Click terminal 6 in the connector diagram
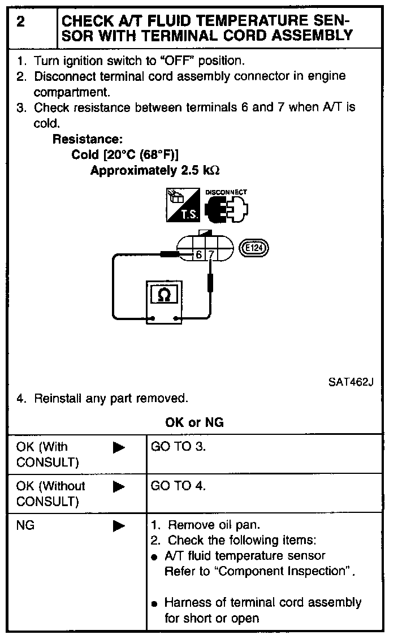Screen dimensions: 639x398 click(x=199, y=255)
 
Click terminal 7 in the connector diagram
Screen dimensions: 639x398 click(x=210, y=255)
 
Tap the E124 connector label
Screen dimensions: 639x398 click(x=256, y=248)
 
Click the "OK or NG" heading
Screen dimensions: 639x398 click(x=194, y=422)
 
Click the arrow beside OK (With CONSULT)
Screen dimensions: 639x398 click(x=119, y=448)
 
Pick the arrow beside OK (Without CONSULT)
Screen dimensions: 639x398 click(x=119, y=486)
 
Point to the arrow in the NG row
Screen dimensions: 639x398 click(x=119, y=526)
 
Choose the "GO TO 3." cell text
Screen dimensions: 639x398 click(x=179, y=447)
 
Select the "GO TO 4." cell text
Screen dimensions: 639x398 click(x=179, y=485)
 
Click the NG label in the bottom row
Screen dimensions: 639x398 click(x=25, y=525)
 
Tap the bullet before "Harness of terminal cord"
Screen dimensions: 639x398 click(x=154, y=603)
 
